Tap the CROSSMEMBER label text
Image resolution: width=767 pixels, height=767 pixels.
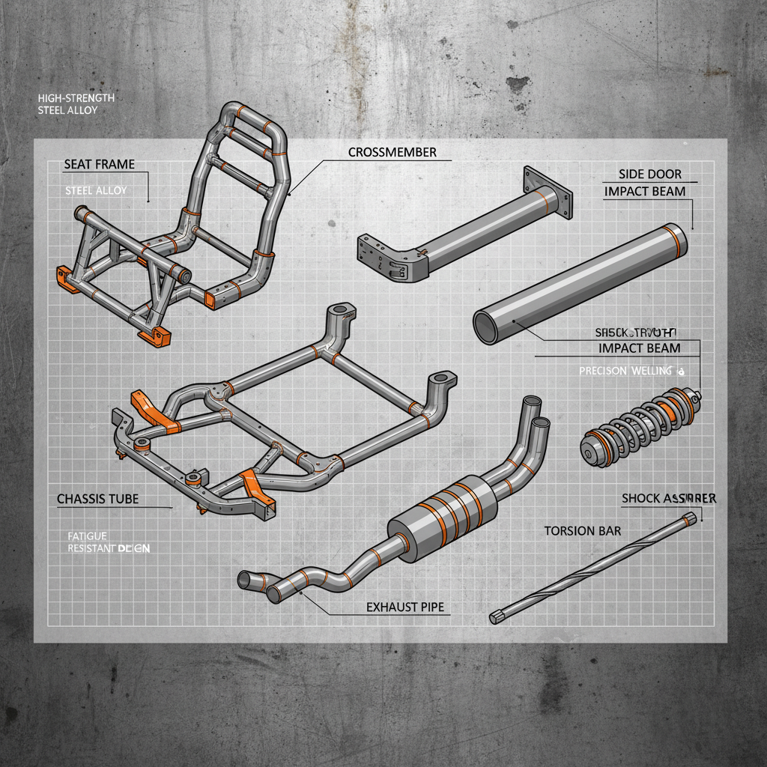(x=392, y=152)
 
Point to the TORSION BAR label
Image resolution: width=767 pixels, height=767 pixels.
(x=582, y=531)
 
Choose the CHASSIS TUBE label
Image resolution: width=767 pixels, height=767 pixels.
(x=97, y=499)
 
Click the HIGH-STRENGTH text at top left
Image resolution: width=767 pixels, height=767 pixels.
(x=75, y=98)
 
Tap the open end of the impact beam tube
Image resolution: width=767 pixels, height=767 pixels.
(x=485, y=328)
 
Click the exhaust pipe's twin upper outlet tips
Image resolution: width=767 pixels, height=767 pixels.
(x=536, y=412)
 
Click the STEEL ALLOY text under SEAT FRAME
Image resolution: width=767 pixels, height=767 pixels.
(x=96, y=191)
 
